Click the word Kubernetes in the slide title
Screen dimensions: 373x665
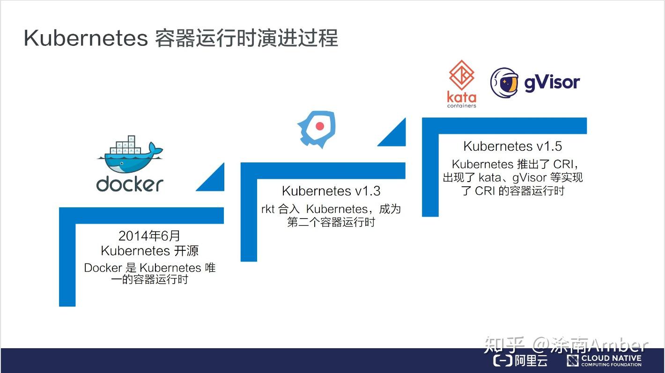(x=86, y=38)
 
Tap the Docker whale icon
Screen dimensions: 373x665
(x=130, y=155)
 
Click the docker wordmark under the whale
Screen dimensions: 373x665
(x=130, y=183)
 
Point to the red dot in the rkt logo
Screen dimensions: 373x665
(x=320, y=126)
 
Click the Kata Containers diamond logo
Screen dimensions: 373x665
(x=462, y=75)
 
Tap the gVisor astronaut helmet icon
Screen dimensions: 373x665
(x=504, y=83)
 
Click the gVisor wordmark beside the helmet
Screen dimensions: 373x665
(x=552, y=83)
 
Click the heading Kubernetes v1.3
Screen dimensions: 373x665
(x=331, y=191)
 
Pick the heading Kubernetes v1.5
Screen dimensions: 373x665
(x=512, y=146)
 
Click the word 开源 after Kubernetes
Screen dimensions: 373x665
(x=186, y=251)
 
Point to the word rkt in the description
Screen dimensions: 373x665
(x=268, y=209)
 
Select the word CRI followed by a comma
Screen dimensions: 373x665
(x=567, y=164)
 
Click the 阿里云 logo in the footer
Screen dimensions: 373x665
(x=521, y=360)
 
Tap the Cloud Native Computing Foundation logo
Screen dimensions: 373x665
(x=604, y=360)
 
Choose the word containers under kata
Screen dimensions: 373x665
(x=462, y=105)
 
